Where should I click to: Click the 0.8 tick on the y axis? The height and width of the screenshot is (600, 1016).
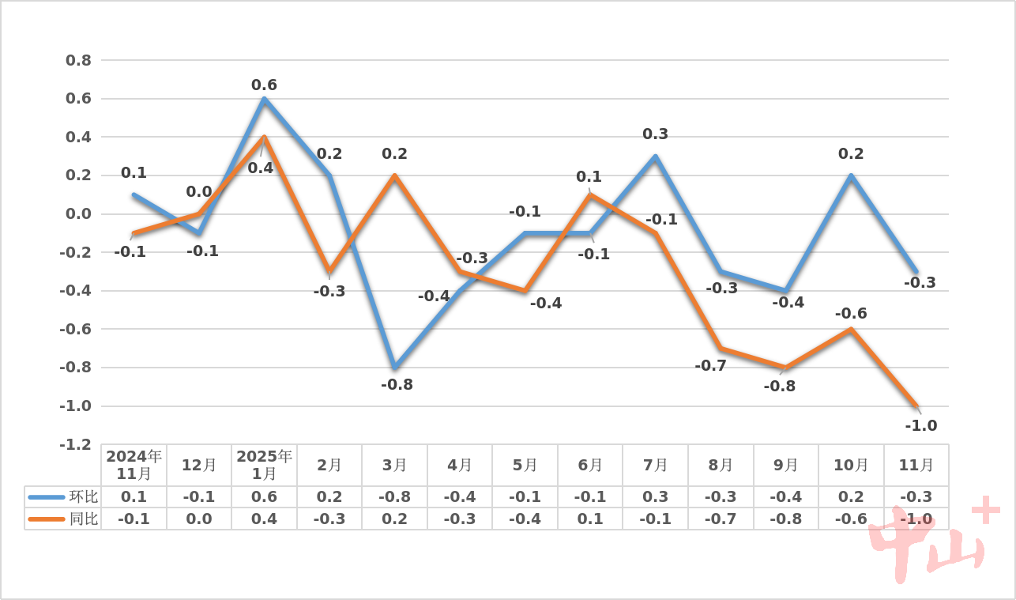(77, 60)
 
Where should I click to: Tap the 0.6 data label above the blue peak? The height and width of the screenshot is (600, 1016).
(264, 85)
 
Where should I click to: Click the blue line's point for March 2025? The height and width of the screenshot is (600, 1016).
(394, 368)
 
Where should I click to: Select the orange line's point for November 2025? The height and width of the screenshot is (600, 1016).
(916, 406)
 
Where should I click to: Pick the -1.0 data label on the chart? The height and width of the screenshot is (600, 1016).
(920, 425)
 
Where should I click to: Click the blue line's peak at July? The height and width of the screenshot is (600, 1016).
(655, 157)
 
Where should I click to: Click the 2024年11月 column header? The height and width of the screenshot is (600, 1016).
(134, 465)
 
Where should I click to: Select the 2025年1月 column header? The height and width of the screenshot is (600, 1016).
(264, 465)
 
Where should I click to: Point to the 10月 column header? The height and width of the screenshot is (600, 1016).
(851, 465)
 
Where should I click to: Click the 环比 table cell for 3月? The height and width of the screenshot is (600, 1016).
(394, 496)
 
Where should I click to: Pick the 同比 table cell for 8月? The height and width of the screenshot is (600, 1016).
(721, 519)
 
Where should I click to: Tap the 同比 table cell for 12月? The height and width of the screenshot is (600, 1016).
(199, 519)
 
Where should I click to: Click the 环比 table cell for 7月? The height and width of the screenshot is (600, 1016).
(655, 496)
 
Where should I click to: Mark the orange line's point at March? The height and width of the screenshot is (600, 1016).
(394, 175)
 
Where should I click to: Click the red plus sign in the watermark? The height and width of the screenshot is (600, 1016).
(985, 511)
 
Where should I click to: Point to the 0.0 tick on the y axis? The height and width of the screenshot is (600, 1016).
(77, 214)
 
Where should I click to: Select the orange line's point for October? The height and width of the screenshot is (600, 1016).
(851, 329)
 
